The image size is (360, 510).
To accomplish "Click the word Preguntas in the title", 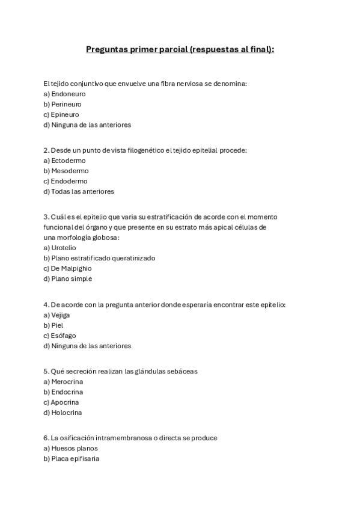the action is (x=106, y=49).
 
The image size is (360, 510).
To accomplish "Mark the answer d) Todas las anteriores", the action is (x=79, y=191).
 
